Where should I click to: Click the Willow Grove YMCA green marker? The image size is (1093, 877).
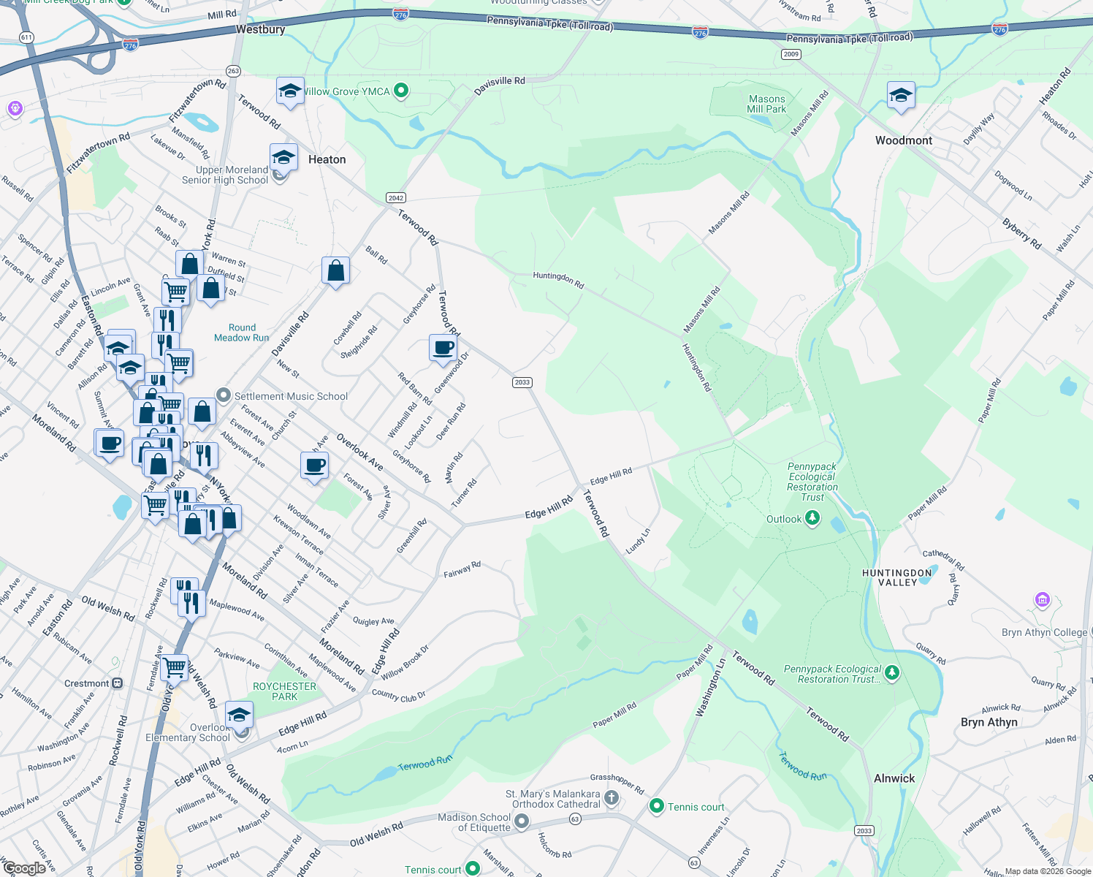click(400, 91)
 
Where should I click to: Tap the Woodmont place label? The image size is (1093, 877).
click(904, 140)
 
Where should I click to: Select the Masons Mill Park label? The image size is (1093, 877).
click(766, 104)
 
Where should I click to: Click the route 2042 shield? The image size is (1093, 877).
click(396, 198)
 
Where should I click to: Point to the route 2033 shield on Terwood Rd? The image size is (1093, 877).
click(522, 382)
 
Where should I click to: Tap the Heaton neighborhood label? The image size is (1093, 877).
click(327, 159)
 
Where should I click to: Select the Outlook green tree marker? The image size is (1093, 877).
click(812, 519)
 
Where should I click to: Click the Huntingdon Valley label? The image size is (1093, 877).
click(897, 577)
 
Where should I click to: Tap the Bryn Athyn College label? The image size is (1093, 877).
click(1044, 632)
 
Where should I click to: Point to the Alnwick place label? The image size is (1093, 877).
click(894, 778)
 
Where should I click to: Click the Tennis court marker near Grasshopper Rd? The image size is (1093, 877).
click(656, 807)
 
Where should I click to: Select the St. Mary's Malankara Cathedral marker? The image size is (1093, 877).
click(612, 798)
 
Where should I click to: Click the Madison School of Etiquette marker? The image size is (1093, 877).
click(521, 822)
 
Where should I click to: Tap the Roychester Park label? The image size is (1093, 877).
click(284, 691)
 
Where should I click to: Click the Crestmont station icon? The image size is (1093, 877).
click(117, 683)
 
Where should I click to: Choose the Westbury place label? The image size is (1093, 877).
click(260, 29)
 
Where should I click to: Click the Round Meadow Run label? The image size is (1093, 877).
click(241, 333)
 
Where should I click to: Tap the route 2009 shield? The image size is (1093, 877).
click(791, 54)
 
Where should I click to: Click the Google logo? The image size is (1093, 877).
click(24, 868)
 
